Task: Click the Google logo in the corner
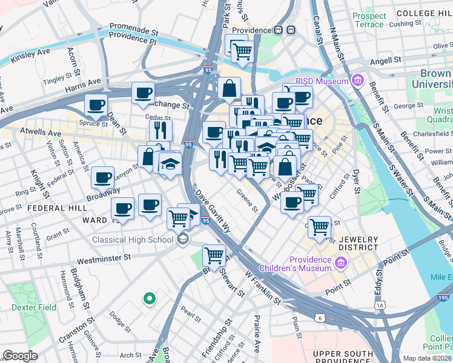click(x=19, y=356)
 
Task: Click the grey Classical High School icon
click(x=182, y=240)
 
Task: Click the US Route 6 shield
click(x=320, y=318)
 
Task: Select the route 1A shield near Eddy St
click(x=380, y=306)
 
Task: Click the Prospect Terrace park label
click(x=369, y=20)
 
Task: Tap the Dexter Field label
click(x=34, y=307)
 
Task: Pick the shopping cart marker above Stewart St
click(x=214, y=255)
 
